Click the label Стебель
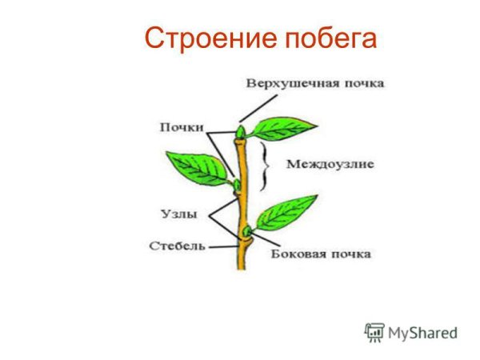(177, 246)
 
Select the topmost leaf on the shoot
(275, 128)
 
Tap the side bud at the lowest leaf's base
(246, 233)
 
